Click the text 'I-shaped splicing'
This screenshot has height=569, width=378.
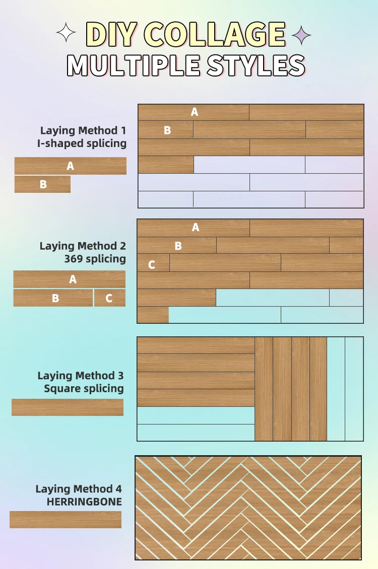click(x=82, y=144)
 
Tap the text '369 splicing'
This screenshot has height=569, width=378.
click(x=95, y=259)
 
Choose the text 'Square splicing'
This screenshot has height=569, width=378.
click(x=84, y=388)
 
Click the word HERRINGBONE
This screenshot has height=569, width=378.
click(x=84, y=502)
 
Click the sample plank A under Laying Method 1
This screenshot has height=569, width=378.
click(x=71, y=166)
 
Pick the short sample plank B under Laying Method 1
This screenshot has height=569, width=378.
click(x=43, y=184)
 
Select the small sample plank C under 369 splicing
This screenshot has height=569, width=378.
click(x=109, y=298)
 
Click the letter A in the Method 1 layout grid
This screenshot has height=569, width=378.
click(x=195, y=112)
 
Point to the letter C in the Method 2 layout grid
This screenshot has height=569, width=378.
click(x=151, y=264)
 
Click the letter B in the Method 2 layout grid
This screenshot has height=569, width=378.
click(x=178, y=246)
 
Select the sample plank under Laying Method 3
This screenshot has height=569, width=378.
click(x=68, y=407)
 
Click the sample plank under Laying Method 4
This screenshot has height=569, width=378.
click(x=66, y=520)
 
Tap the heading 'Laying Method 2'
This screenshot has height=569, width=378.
click(x=83, y=246)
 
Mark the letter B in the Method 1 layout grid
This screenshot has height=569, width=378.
click(x=167, y=130)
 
